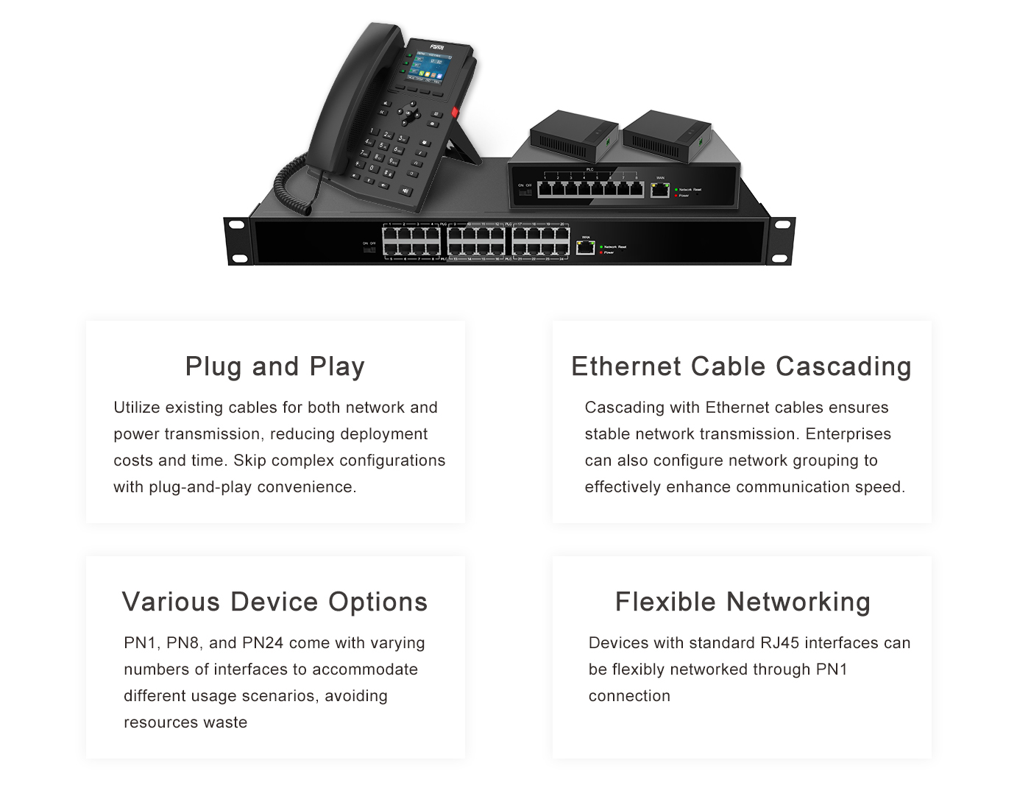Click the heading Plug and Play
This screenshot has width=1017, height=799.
point(274,366)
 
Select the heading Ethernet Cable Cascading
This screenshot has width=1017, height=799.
point(741,366)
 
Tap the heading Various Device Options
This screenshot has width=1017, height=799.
point(274,602)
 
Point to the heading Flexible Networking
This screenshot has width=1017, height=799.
point(743,602)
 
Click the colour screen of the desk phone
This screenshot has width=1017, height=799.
point(430,66)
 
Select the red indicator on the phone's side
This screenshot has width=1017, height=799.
point(454,113)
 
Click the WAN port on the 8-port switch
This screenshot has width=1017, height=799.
point(660,190)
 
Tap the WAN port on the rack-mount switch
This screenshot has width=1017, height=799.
point(586,247)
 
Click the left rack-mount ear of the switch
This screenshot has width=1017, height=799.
point(238,241)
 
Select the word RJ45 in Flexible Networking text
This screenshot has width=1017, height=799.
point(779,643)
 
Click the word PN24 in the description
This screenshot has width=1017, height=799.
point(263,643)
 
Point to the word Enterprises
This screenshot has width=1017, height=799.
point(848,434)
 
